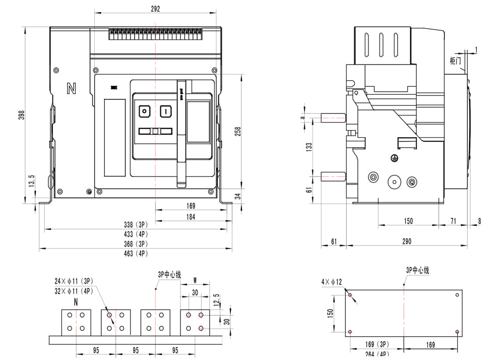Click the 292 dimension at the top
tap(155, 9)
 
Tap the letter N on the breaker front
tap(71, 89)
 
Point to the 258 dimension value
tap(238, 131)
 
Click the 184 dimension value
tap(191, 217)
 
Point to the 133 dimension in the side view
tap(309, 147)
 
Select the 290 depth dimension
tap(407, 242)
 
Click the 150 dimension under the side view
tap(408, 221)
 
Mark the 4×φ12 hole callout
tap(331, 281)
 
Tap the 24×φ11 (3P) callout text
tap(74, 281)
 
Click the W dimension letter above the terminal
tap(195, 281)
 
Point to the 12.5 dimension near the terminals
tap(216, 299)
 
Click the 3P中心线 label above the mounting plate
tap(417, 270)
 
